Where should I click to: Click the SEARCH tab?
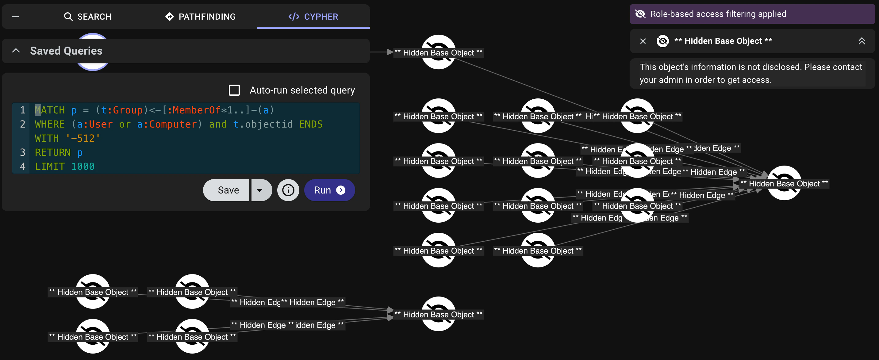(x=88, y=16)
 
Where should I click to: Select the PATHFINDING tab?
(x=200, y=16)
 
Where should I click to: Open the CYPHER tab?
(x=313, y=16)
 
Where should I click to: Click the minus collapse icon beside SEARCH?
(x=15, y=16)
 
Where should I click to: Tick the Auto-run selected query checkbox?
(x=234, y=90)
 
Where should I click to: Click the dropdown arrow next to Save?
(x=260, y=190)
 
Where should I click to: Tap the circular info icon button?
(x=288, y=190)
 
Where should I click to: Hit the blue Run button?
(x=329, y=190)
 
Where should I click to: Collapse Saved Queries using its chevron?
(x=16, y=51)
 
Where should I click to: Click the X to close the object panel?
(x=643, y=41)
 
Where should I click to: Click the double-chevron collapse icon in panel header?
(x=861, y=41)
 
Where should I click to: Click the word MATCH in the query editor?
(x=50, y=110)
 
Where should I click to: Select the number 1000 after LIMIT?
(x=83, y=167)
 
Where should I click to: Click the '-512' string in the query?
(x=83, y=138)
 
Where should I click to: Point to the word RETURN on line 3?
(x=52, y=152)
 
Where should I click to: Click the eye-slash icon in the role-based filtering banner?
(x=640, y=14)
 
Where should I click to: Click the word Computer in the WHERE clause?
(x=173, y=124)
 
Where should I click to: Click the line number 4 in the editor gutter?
(x=22, y=167)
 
